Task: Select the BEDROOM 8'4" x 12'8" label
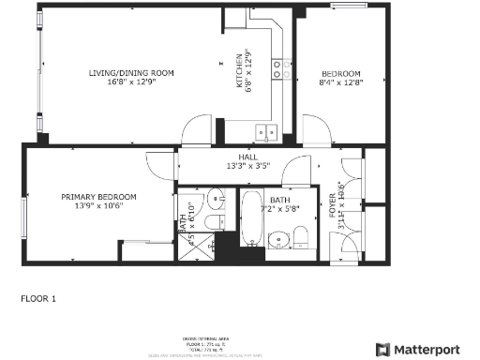pyautogui.click(x=341, y=77)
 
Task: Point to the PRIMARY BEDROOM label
pyautogui.click(x=98, y=201)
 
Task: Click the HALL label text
pyautogui.click(x=247, y=161)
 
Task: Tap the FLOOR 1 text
pyautogui.click(x=38, y=299)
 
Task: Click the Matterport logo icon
pyautogui.click(x=383, y=349)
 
